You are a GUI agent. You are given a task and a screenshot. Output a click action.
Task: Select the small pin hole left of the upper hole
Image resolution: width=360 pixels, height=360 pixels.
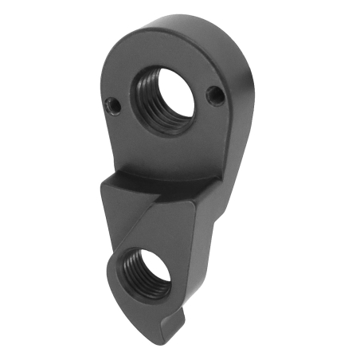pyautogui.click(x=112, y=104)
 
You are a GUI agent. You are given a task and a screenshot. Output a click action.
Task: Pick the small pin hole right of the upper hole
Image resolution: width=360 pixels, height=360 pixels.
pyautogui.click(x=212, y=96)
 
